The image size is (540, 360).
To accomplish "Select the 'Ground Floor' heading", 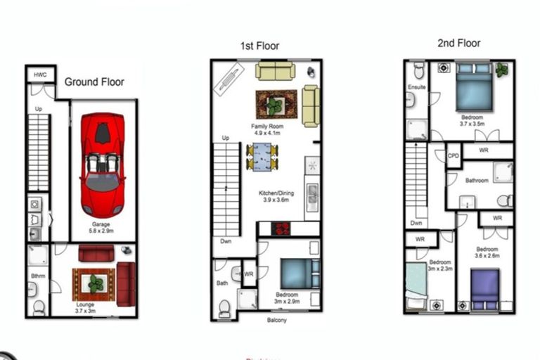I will (x=94, y=82).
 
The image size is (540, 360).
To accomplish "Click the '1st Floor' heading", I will (x=259, y=46).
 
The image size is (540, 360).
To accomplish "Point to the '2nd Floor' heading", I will (x=458, y=43).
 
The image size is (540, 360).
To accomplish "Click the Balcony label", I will (x=276, y=321).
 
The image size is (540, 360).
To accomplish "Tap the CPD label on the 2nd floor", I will (x=454, y=155).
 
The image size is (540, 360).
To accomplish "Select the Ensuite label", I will (x=416, y=87).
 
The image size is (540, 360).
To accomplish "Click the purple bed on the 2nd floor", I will (x=484, y=289).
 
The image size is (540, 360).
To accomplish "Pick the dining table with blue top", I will (x=262, y=156).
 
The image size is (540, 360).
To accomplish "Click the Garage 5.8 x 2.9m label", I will (x=103, y=227).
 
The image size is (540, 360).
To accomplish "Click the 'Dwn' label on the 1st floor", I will (x=226, y=240).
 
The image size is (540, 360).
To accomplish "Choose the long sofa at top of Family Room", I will (x=275, y=70).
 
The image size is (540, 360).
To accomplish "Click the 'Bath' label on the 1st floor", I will (x=222, y=283).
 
